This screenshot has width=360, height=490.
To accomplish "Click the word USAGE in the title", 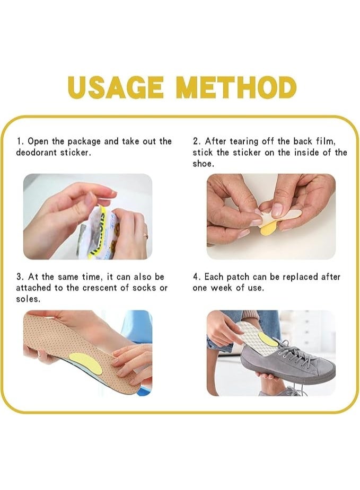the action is pos(116,87).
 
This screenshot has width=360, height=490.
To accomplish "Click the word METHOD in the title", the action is pos(236,87).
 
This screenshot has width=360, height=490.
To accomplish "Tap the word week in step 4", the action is pos(222,288).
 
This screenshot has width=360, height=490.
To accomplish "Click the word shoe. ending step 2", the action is pos(203,164).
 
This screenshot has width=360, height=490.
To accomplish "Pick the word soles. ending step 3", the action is pos(28,299).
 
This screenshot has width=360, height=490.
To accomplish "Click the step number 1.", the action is pos(19,141).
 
